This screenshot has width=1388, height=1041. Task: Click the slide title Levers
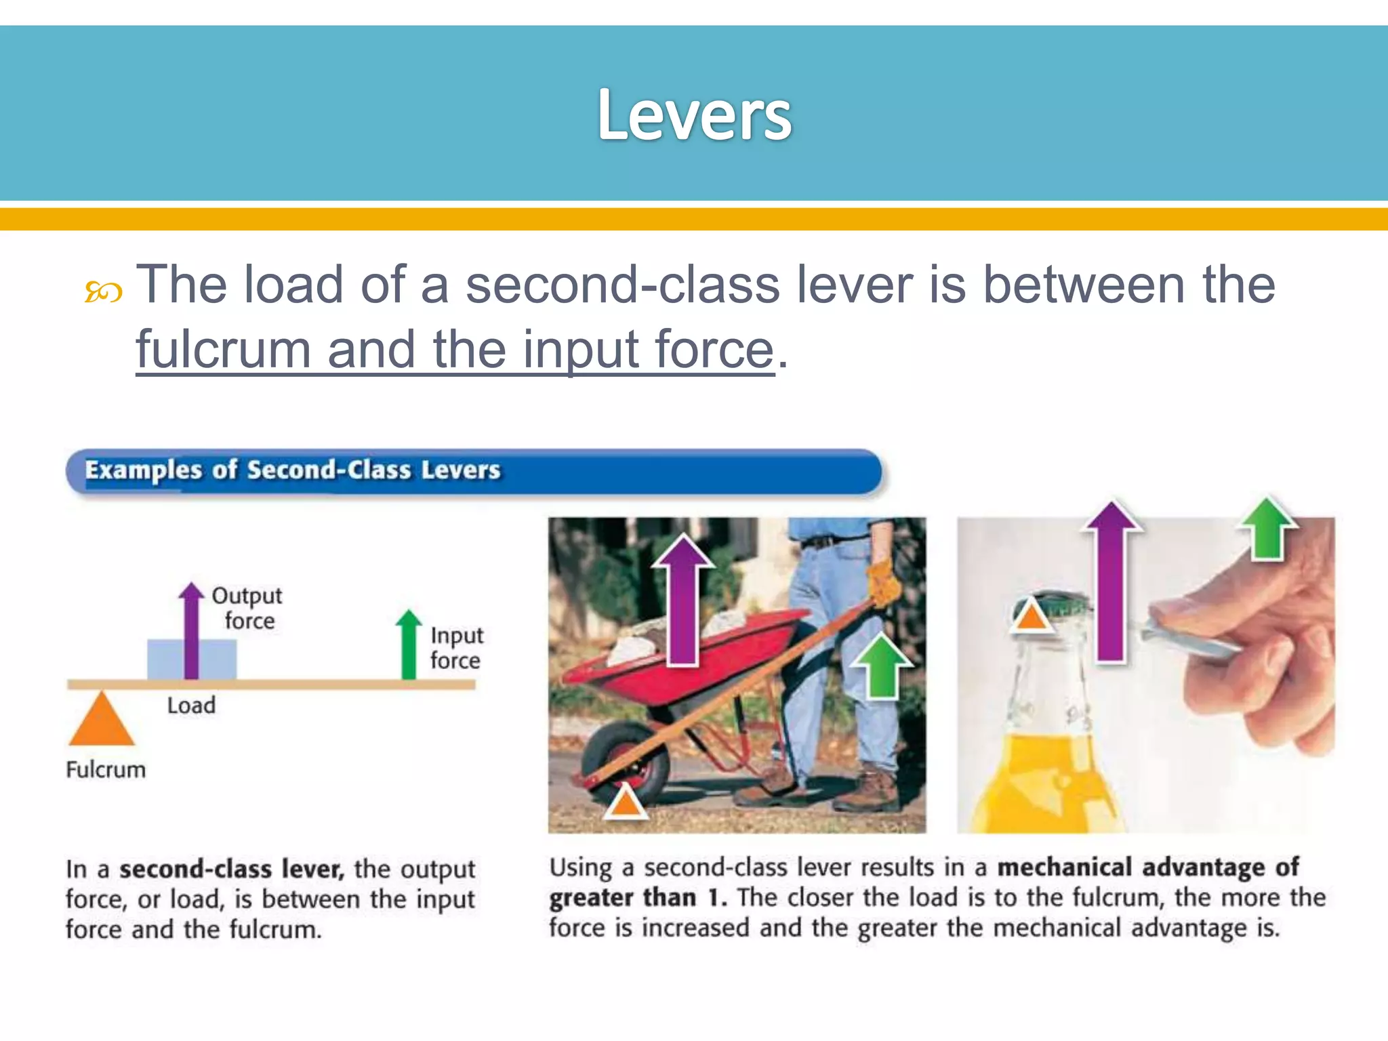point(694,115)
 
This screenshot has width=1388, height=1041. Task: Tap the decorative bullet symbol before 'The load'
point(103,292)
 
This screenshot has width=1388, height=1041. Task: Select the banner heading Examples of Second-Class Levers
point(292,470)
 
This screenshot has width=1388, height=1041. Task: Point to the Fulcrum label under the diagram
point(106,770)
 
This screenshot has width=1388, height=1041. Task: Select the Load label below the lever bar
point(191,706)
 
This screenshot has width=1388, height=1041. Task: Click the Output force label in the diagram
point(247,608)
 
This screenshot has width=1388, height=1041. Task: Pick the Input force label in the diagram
point(456,648)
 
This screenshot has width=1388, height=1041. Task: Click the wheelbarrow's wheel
point(625,762)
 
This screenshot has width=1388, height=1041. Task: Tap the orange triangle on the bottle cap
point(1030,615)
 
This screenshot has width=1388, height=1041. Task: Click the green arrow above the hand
point(1267,529)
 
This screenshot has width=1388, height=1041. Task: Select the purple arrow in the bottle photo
point(1111,583)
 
